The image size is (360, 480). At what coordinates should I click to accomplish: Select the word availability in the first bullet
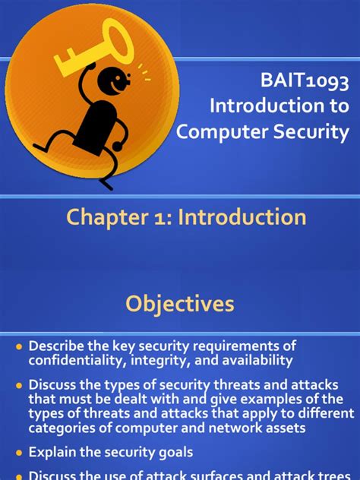point(249,360)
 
